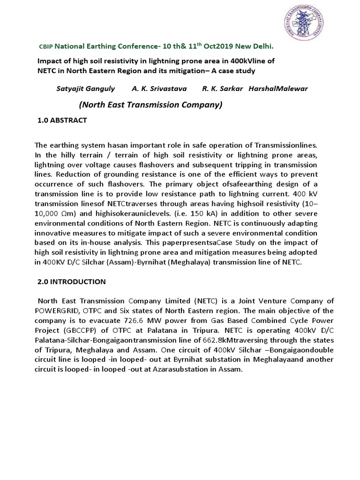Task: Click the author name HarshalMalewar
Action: [x=279, y=89]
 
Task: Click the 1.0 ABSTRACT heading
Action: [x=62, y=120]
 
